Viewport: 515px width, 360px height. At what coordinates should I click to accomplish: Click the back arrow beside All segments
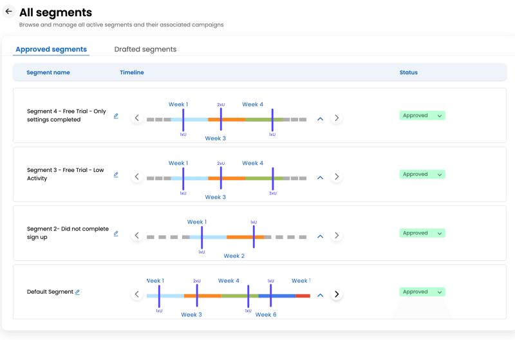[9, 12]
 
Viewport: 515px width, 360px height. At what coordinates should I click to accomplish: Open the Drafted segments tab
[145, 50]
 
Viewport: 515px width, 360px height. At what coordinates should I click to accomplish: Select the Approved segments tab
[51, 50]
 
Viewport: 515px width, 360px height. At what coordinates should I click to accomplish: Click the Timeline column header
[132, 73]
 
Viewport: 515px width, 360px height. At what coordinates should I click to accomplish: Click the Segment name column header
[48, 73]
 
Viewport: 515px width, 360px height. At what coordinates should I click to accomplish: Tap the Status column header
[408, 73]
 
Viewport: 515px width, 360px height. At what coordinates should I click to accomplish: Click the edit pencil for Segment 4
[116, 117]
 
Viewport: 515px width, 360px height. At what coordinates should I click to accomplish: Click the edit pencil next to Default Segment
[77, 292]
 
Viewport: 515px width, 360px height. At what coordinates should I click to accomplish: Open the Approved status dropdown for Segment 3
[422, 175]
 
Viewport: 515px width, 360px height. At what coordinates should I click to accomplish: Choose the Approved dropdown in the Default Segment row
[422, 292]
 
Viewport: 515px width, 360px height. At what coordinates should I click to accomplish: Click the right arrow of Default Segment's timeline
[336, 294]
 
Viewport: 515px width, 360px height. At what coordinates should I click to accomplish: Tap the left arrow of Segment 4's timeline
[137, 118]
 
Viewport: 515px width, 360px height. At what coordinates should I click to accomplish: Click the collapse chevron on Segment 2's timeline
[320, 236]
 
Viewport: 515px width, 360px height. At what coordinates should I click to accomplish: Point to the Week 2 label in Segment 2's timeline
[234, 256]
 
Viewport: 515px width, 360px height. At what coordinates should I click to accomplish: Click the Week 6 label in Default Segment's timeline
[266, 315]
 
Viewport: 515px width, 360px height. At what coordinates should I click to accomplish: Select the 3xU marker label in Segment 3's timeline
[272, 193]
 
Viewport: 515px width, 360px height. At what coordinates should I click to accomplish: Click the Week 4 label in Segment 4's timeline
[252, 104]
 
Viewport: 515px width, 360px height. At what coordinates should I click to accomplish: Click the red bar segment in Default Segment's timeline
[303, 296]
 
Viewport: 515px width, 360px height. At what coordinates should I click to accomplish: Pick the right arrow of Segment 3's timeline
[336, 176]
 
